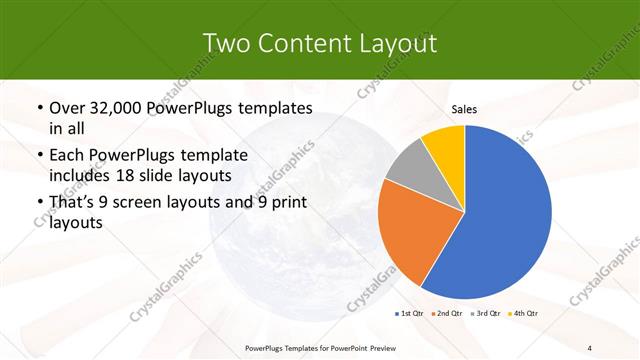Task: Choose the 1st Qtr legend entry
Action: pyautogui.click(x=411, y=314)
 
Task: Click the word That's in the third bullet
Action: pyautogui.click(x=74, y=203)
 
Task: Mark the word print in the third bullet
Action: pyautogui.click(x=286, y=203)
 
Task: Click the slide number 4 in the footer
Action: pyautogui.click(x=590, y=347)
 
